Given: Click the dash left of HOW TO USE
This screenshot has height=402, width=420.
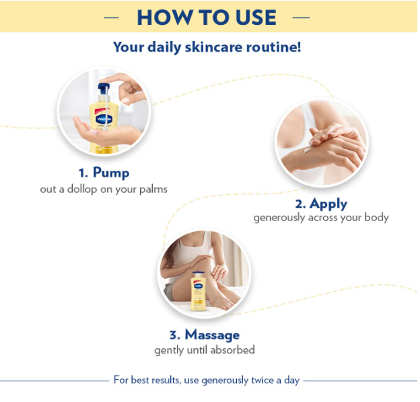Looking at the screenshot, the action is point(111,17).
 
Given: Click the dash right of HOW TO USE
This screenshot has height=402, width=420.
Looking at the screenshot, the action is point(302,17).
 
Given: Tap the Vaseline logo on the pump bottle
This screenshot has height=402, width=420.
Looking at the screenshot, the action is point(104,119).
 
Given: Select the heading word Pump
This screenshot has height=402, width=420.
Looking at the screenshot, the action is point(111,173).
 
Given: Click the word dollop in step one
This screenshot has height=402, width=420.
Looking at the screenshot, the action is point(82,189).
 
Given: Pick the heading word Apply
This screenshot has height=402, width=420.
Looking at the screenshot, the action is point(328,204).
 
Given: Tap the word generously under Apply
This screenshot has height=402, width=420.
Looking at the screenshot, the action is point(279,218).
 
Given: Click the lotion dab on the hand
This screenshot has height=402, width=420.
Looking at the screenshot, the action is point(307,149).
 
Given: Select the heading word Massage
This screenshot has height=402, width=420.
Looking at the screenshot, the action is point(213,335).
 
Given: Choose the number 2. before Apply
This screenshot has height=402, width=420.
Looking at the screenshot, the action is point(301,204).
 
